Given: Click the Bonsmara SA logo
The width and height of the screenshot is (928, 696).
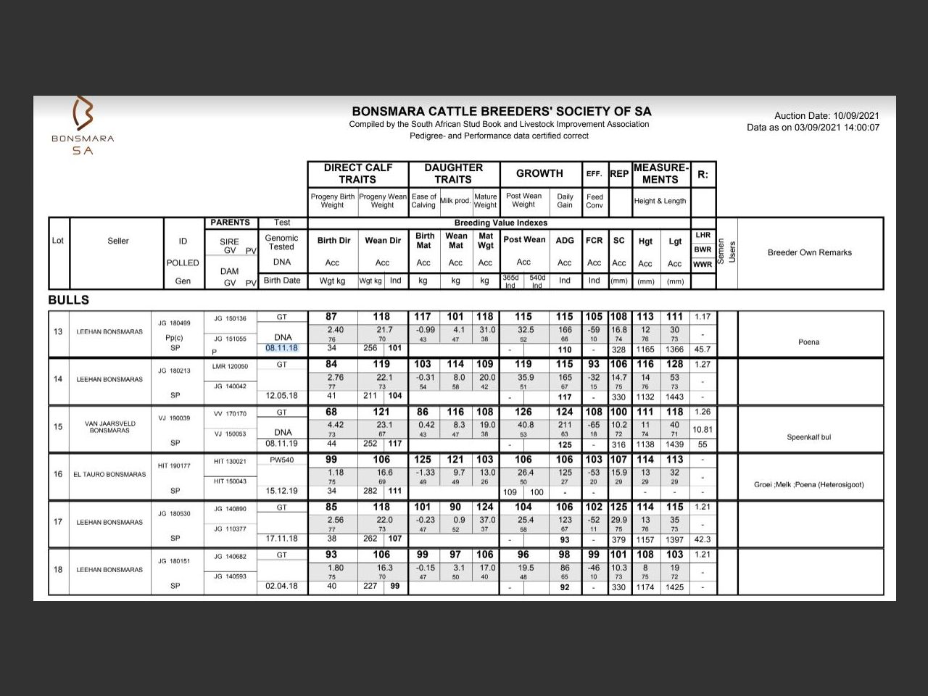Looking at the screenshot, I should tap(83, 125).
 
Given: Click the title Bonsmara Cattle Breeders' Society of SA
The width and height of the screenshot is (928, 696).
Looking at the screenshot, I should tap(501, 112).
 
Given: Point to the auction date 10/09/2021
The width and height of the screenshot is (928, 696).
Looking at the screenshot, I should tap(826, 115).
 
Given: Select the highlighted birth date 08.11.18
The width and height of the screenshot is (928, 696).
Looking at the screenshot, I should tap(281, 348).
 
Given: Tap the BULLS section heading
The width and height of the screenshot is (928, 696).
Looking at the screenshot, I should tap(69, 300).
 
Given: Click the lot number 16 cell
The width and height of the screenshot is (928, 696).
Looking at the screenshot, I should tap(58, 474).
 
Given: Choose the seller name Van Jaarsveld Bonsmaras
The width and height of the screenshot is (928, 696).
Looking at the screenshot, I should tap(110, 427).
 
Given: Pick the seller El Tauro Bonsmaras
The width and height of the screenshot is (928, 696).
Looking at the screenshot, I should tap(109, 475).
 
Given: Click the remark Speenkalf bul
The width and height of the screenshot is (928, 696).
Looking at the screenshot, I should tap(809, 437).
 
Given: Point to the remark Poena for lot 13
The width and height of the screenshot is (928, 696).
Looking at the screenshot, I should tap(808, 342).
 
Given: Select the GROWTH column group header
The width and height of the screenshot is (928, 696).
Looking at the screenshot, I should tap(539, 173).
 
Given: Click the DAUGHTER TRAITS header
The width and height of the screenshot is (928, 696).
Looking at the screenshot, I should tap(453, 173).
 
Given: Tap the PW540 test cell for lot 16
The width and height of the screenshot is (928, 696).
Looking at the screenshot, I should tap(282, 460).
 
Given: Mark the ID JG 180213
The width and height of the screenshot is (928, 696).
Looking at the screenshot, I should tap(174, 370).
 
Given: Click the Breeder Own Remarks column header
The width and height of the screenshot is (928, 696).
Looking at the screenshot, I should tap(809, 252).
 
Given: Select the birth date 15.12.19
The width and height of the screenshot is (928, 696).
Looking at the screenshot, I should tap(281, 491).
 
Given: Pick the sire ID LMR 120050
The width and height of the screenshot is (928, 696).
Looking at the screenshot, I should tap(230, 366).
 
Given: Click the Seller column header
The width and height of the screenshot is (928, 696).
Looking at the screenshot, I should tap(118, 241).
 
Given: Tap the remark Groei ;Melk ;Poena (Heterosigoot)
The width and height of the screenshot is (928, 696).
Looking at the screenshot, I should tap(808, 484).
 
